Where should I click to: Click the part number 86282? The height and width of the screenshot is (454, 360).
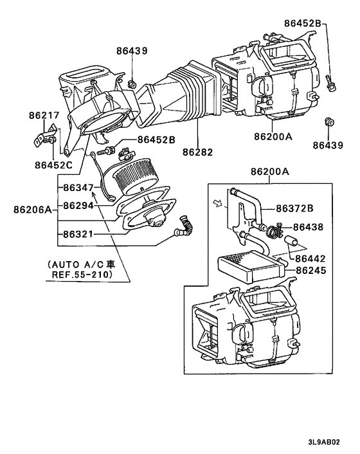click(197, 152)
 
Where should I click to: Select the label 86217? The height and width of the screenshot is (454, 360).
click(44, 115)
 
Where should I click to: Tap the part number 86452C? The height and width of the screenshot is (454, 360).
click(53, 165)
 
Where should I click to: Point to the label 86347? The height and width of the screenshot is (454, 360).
click(78, 188)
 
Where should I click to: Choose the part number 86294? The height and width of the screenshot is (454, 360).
click(78, 206)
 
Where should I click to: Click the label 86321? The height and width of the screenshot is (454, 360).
click(78, 234)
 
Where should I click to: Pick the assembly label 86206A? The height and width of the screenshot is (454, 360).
click(32, 210)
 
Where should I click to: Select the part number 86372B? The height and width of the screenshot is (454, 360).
click(294, 208)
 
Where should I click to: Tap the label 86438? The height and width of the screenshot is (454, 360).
click(308, 227)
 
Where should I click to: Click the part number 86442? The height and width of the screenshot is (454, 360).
click(310, 259)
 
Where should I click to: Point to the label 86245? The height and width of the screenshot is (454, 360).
click(310, 270)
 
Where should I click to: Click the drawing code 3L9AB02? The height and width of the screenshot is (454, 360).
click(324, 442)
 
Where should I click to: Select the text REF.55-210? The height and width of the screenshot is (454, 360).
click(82, 274)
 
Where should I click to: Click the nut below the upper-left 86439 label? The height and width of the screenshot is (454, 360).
click(132, 84)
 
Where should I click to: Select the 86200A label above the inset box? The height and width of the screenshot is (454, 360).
click(270, 172)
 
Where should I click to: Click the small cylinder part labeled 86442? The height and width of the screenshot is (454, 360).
click(291, 241)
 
